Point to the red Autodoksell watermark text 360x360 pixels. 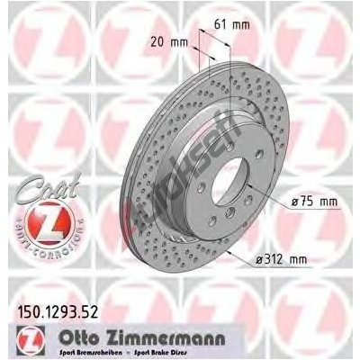pyautogui.click(x=197, y=162)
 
